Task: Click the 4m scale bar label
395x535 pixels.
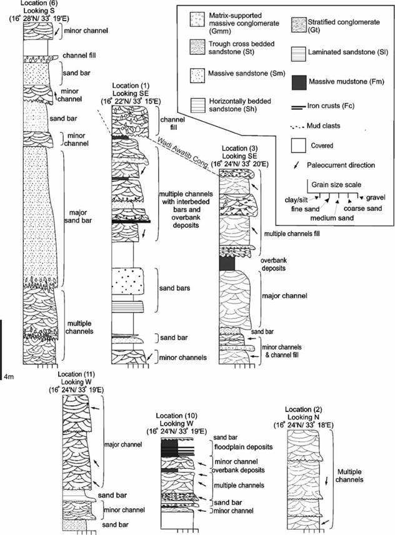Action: coord(9,376)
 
